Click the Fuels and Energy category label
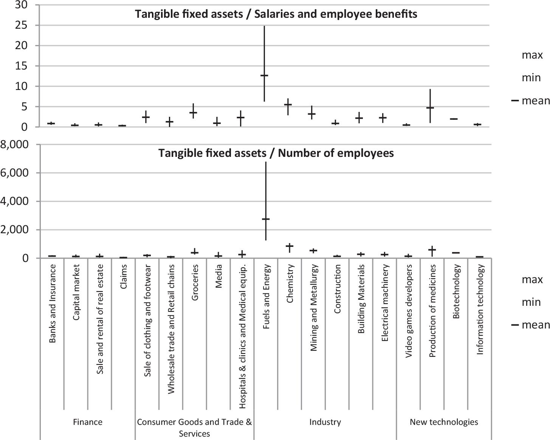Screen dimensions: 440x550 (266, 297)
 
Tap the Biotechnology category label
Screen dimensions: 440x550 (456, 291)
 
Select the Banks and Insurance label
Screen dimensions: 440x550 (53, 304)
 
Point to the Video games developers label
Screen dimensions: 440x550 (409, 311)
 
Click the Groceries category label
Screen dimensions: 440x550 (195, 282)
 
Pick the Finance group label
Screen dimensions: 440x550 (88, 422)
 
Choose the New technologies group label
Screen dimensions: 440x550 (444, 422)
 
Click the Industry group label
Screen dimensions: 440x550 (325, 422)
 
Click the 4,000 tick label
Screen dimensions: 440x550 (16, 201)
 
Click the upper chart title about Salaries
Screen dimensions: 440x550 (276, 14)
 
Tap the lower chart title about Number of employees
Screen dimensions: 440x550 (276, 153)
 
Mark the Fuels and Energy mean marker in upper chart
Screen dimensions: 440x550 (264, 76)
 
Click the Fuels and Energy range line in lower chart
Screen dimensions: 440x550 (266, 189)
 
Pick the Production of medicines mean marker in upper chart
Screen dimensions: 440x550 (430, 108)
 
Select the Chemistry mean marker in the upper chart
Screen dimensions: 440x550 (288, 105)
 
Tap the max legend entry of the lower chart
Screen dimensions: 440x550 (532, 280)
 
